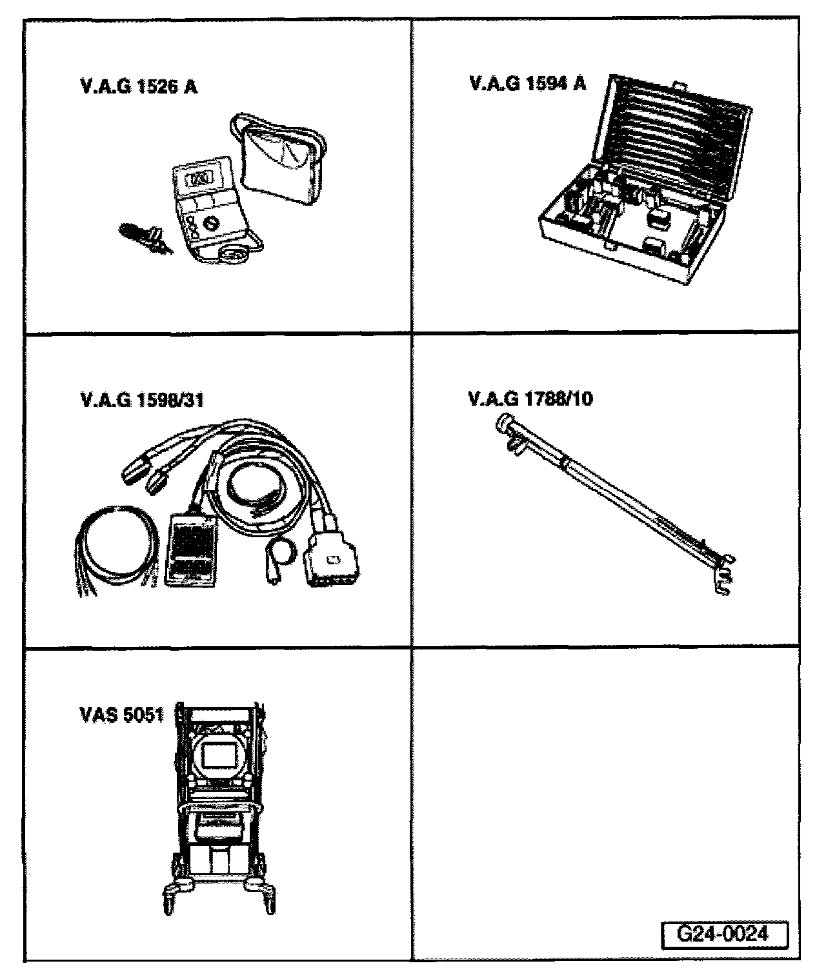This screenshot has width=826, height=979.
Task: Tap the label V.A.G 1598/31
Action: coord(143,400)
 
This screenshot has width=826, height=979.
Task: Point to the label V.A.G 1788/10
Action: coord(530,399)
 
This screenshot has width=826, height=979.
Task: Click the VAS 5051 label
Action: coord(121,715)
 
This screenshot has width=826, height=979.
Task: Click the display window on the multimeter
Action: coord(197,178)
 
